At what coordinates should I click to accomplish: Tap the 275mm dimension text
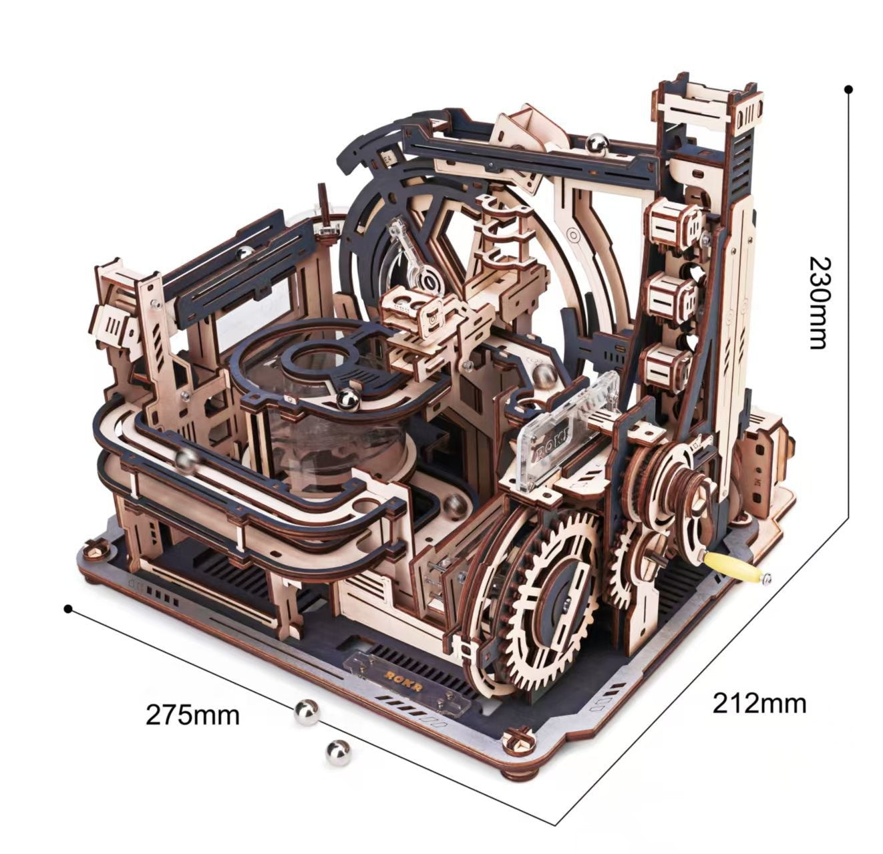click(x=192, y=714)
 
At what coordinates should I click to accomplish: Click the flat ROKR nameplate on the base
click(x=403, y=678)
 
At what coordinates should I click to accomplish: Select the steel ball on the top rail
click(x=596, y=144)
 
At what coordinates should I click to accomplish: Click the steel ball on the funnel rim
click(x=347, y=400)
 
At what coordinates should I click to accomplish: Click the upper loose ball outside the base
click(x=307, y=712)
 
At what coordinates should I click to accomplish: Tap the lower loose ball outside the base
click(x=338, y=753)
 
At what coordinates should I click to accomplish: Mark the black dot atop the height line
click(x=848, y=89)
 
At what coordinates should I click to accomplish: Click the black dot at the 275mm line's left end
click(x=67, y=608)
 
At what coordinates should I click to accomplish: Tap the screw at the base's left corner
click(x=95, y=550)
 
